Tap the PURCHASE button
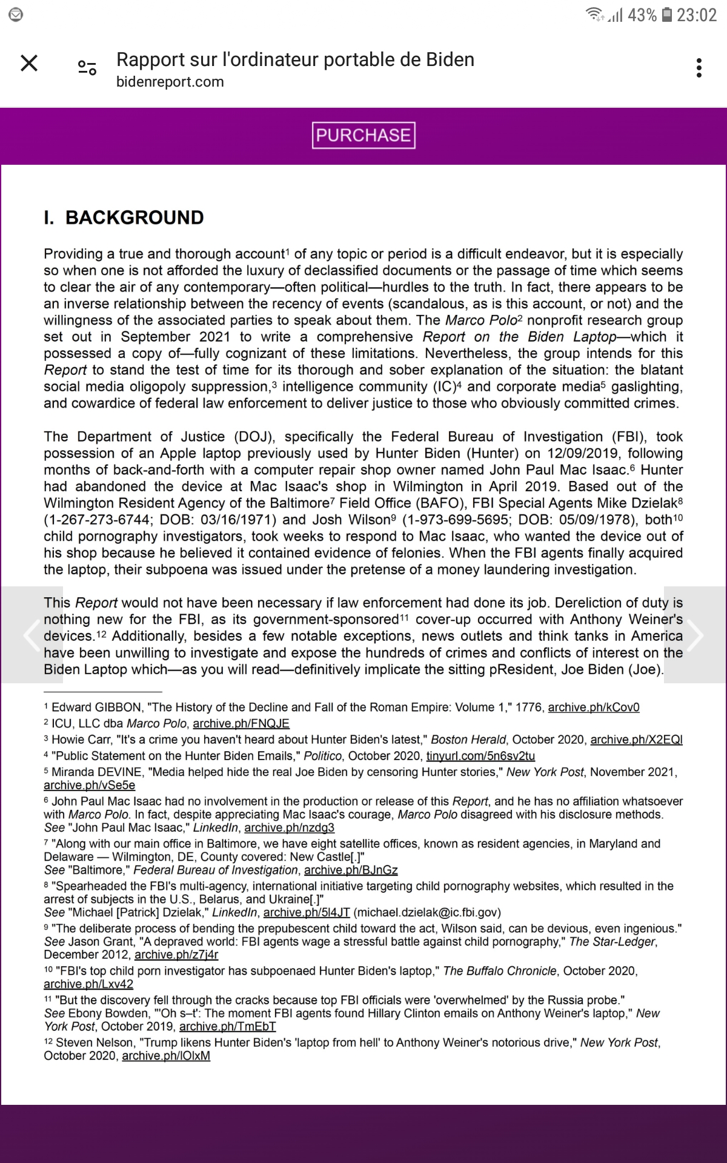point(363,135)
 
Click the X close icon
point(29,63)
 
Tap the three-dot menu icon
point(699,67)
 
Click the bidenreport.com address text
point(170,82)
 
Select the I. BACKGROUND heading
point(124,217)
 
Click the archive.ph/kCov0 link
point(594,707)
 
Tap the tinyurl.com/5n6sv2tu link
point(480,756)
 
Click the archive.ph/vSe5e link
point(89,785)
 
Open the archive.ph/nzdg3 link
point(289,827)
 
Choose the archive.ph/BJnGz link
point(351,870)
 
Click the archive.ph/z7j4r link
point(176,955)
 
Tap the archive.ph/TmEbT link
point(227,1026)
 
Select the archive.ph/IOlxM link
point(166,1055)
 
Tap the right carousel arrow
point(694,635)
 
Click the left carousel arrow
point(32,635)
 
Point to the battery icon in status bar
point(666,15)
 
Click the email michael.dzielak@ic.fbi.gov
point(427,912)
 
